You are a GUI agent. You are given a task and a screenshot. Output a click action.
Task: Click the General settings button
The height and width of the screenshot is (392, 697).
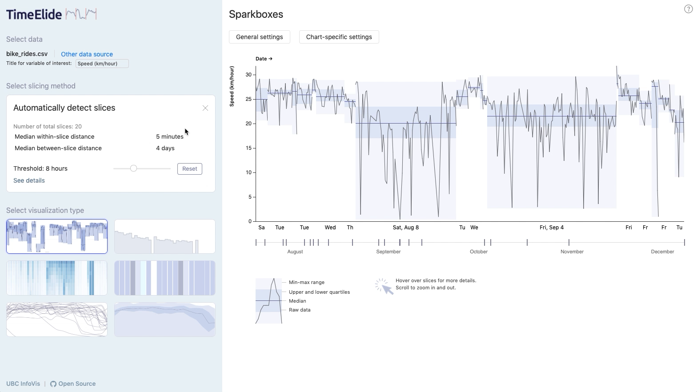coord(259,37)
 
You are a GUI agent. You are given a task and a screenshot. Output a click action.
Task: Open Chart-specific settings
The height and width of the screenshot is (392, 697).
coord(339,37)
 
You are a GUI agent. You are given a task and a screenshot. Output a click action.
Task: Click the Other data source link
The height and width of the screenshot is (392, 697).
coord(87,54)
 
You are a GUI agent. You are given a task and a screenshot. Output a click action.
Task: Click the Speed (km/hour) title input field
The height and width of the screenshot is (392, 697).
coord(102,64)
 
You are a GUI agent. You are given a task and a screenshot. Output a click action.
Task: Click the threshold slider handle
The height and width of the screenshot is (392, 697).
coord(133,168)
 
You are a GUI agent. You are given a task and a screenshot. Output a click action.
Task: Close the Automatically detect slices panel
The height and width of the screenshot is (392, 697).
coord(205,108)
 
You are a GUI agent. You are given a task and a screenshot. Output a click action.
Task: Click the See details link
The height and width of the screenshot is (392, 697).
coord(29,180)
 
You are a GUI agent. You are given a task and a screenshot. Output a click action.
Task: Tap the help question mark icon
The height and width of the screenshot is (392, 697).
coord(688,9)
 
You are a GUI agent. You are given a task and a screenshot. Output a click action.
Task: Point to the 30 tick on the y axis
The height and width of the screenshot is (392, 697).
coord(248,75)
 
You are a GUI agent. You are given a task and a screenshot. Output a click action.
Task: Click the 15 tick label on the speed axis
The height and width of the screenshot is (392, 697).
coord(248,148)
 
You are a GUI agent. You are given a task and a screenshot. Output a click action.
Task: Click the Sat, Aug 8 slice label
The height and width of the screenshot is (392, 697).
coord(405,228)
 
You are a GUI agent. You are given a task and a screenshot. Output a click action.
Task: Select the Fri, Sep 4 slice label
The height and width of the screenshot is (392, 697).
coord(551,228)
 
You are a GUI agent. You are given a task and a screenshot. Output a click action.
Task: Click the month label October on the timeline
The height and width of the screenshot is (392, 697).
coord(478,252)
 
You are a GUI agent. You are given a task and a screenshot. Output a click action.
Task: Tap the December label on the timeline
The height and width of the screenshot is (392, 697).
coord(662,252)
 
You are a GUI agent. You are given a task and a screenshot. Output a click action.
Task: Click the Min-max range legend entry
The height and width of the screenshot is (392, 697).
coord(306,282)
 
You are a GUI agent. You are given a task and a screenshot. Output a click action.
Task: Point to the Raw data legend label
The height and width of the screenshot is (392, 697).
coord(300,310)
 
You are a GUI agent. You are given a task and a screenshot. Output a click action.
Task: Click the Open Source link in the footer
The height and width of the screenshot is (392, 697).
coord(76,384)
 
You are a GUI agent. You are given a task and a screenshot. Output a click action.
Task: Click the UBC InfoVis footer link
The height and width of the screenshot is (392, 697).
coord(23,384)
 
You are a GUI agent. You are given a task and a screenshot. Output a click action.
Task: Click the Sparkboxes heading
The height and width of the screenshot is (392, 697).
coord(256,14)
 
